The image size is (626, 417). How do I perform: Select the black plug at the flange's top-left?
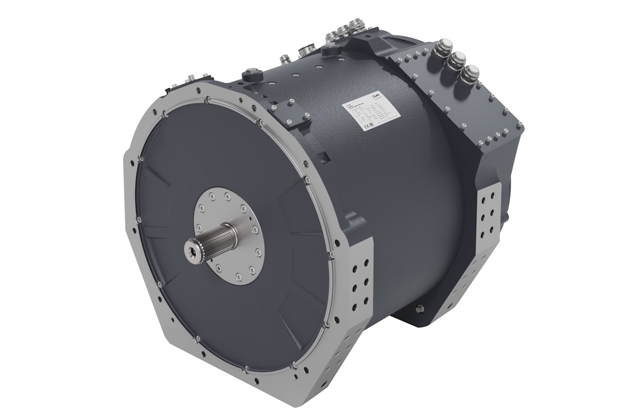click(176, 84)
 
